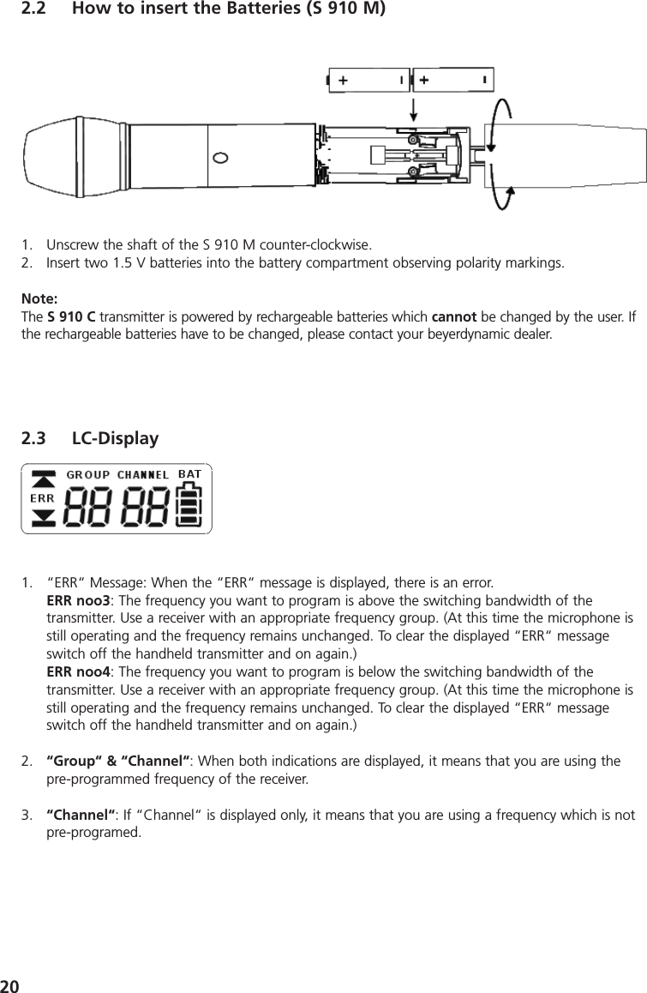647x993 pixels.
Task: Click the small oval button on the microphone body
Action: [220, 158]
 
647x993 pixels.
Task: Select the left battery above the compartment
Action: [369, 81]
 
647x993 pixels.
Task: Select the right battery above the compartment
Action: [452, 81]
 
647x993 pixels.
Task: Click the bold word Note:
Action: [39, 299]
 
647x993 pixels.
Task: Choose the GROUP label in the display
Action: [88, 474]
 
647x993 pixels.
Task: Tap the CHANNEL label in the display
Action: [143, 474]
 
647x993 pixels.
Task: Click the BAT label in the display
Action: [189, 473]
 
